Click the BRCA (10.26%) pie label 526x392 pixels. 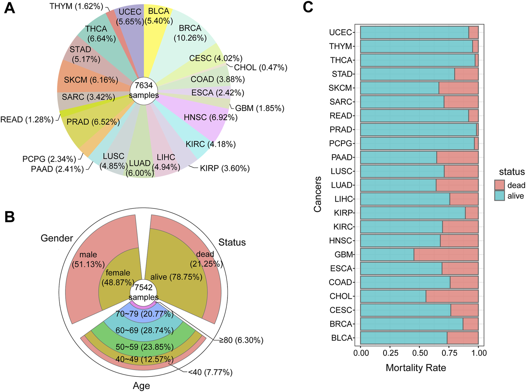190,33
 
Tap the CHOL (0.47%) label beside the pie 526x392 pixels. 260,67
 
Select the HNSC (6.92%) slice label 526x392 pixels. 210,117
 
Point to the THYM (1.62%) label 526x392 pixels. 76,6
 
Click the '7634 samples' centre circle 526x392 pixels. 144,90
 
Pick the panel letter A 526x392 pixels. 9,8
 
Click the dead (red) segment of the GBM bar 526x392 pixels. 446,254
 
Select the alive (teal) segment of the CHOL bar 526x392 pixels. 393,296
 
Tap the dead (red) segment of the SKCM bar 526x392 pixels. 458,88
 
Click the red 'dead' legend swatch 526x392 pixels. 499,185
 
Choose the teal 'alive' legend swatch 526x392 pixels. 499,196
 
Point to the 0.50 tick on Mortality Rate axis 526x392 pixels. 419,353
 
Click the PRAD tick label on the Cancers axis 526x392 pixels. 341,130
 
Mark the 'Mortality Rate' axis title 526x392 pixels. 415,368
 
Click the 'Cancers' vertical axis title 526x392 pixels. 317,194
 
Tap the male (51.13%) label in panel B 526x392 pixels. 88,259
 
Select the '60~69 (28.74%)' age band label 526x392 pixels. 144,330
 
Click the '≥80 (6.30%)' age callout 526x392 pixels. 241,340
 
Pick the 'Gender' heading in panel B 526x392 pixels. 57,238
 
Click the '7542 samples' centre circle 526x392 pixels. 144,292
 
